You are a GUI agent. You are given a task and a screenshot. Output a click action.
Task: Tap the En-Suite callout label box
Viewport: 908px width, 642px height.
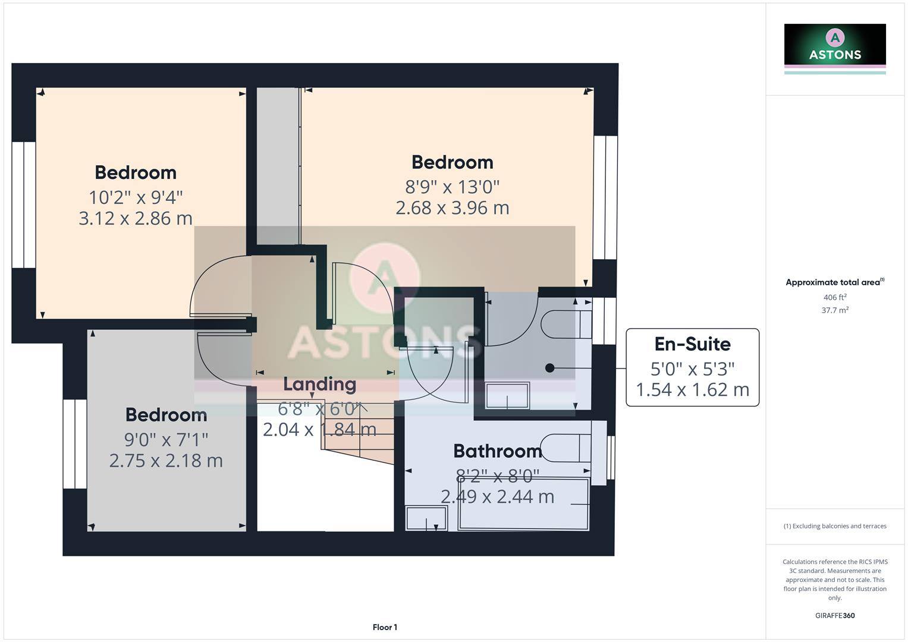[x=692, y=367]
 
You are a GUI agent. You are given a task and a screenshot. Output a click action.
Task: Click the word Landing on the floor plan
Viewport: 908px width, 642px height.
[x=319, y=384]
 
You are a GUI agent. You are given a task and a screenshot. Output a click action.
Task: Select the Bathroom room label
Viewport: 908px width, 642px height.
[x=497, y=451]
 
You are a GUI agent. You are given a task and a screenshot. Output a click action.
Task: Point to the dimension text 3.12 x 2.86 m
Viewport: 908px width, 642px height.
[x=136, y=218]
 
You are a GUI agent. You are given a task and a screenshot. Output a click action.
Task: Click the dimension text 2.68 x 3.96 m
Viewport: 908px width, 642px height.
[x=452, y=208]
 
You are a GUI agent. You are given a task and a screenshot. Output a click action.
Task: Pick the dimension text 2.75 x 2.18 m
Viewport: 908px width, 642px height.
[x=166, y=461]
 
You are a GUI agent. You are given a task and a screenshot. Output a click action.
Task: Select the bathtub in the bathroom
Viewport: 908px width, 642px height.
[x=523, y=504]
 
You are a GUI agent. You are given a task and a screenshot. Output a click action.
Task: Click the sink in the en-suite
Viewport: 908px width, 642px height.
[x=507, y=395]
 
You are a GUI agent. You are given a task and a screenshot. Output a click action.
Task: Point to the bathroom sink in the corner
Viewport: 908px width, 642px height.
[x=426, y=518]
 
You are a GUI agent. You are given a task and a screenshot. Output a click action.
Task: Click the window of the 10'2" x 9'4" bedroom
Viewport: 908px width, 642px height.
[x=24, y=204]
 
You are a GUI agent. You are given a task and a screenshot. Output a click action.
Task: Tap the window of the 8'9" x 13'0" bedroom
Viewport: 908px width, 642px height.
[x=605, y=197]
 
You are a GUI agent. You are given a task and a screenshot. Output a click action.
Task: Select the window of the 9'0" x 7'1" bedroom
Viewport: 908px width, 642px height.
[x=75, y=443]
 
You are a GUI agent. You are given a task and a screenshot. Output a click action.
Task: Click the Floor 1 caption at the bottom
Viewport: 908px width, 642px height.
[x=385, y=627]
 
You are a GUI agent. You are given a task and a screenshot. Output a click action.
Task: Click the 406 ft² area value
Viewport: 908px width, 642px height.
[x=834, y=297]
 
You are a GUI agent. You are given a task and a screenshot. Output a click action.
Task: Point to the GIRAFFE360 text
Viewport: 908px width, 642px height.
[x=834, y=615]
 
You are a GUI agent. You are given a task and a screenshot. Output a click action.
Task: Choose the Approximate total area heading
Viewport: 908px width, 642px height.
[x=834, y=282]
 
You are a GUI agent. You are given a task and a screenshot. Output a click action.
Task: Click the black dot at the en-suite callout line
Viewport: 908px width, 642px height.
[x=549, y=369]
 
